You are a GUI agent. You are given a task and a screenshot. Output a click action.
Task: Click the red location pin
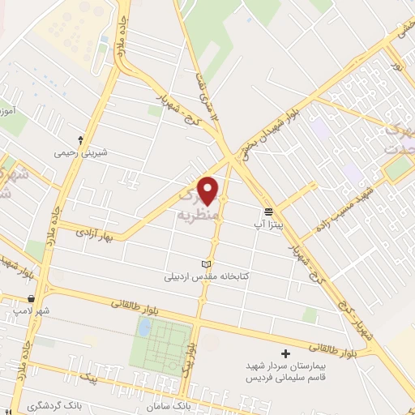[x=209, y=190]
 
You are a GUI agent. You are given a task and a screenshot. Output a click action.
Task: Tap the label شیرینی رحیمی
[x=80, y=152]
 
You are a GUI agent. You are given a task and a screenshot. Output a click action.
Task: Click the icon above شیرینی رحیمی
[x=80, y=139]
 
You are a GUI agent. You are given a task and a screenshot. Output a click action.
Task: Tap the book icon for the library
[x=205, y=264]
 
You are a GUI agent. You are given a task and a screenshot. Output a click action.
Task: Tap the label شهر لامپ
[x=36, y=310]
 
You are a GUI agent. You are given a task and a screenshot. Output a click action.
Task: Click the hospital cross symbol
[x=285, y=353]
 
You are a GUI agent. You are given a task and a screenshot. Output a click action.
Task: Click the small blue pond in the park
[x=144, y=327]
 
